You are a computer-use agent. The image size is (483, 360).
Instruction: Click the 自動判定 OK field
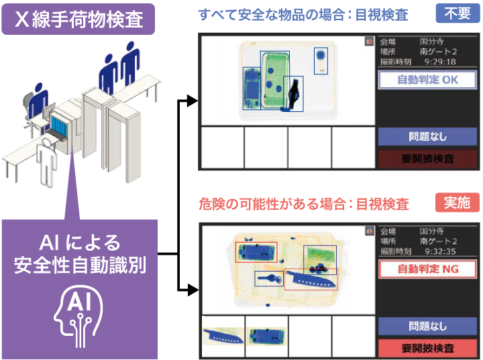(x=427, y=80)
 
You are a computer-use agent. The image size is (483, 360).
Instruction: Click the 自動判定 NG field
(x=427, y=269)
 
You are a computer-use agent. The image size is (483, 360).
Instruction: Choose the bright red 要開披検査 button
(x=427, y=348)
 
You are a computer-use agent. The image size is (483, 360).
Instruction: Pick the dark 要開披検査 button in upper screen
(x=427, y=159)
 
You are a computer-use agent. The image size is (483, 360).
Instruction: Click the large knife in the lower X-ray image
(x=310, y=280)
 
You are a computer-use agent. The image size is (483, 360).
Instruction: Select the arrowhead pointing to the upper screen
(x=193, y=101)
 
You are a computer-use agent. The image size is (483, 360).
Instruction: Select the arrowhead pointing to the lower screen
(x=193, y=290)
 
